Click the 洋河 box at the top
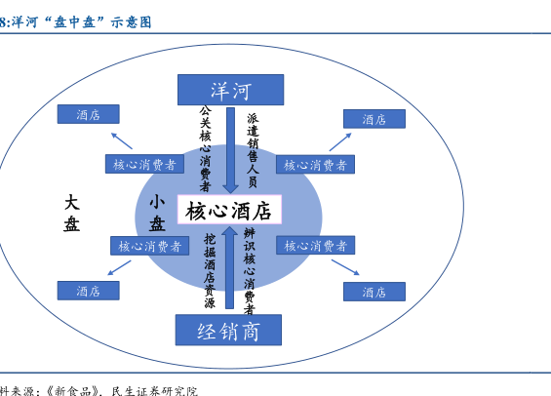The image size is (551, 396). point(230,90)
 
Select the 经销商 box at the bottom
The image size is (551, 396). point(228,330)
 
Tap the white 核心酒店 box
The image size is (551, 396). point(229,210)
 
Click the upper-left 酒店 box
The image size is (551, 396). point(88,114)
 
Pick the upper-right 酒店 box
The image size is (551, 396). point(374,119)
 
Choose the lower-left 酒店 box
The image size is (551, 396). point(88,291)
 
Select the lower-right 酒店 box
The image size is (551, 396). point(374,292)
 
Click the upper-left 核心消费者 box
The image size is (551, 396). point(144,164)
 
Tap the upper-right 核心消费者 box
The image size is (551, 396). point(315,165)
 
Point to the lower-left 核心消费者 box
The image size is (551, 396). point(150,246)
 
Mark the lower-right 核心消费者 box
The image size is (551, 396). point(315,245)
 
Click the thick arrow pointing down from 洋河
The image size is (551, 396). point(230,150)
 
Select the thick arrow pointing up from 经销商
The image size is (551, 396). point(230,267)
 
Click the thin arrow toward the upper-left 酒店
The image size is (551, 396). point(122,140)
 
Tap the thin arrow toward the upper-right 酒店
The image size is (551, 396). point(340,142)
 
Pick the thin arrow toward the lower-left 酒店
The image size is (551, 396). point(119,268)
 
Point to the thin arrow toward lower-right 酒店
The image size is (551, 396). point(345,267)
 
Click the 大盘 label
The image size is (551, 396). point(72,214)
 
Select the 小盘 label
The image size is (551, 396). point(157,213)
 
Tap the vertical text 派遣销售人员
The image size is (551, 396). point(253,150)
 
